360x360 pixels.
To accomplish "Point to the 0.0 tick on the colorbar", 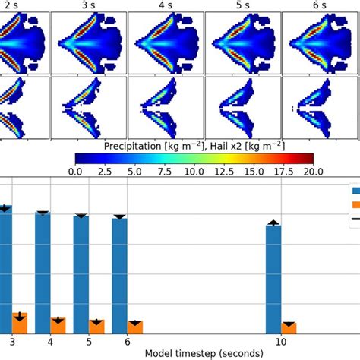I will click(x=75, y=172).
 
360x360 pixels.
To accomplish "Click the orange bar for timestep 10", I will click(x=289, y=327).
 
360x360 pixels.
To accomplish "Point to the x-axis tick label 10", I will click(x=280, y=341).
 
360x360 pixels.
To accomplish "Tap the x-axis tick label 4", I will click(x=50, y=341).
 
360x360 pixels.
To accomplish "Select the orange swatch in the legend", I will click(x=355, y=204).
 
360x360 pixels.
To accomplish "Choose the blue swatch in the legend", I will click(x=355, y=190).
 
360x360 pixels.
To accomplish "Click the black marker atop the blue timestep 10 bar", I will click(x=273, y=223).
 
